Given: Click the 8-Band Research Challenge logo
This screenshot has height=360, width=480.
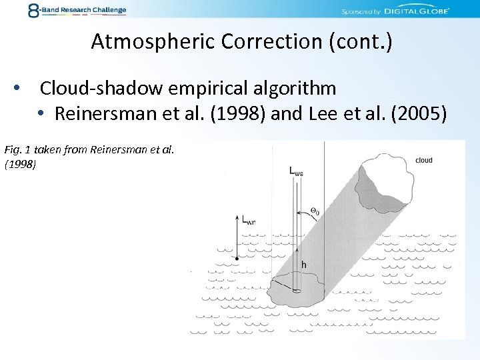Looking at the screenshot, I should [x=77, y=11].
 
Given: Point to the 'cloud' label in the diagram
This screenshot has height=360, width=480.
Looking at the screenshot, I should [x=424, y=160].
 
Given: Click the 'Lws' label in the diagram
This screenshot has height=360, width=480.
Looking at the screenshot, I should [x=296, y=171].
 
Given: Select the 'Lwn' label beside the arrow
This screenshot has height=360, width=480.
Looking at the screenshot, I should [x=249, y=220].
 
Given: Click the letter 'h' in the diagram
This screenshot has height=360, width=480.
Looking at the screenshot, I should [x=304, y=265].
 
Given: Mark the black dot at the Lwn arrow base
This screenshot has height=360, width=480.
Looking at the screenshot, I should [x=237, y=257].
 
